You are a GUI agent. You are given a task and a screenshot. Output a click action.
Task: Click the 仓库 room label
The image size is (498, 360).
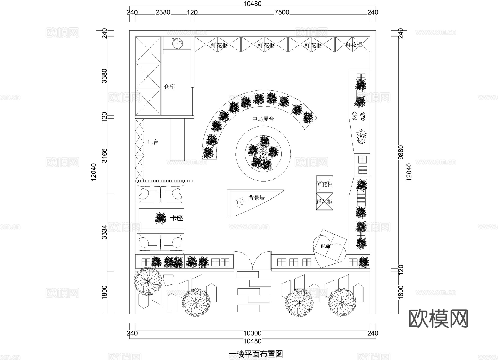tap(169, 87)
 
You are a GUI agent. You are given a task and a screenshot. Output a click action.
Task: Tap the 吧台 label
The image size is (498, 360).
tap(153, 142)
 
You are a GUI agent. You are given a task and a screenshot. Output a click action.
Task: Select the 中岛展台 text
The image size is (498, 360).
tap(263, 119)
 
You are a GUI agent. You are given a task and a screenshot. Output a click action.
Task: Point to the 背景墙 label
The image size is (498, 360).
tap(256, 198)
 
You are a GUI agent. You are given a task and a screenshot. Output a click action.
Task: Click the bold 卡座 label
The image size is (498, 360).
tap(177, 218)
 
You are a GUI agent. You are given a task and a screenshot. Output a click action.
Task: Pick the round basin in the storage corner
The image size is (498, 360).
tap(177, 43)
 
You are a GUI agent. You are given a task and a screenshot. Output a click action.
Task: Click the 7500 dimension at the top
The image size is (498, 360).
tap(282, 12)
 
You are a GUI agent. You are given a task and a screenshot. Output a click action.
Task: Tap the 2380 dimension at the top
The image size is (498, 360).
tap(163, 12)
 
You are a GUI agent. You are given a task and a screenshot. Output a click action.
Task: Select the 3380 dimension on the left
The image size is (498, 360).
tap(104, 76)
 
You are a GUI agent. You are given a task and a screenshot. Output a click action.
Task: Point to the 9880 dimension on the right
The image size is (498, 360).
tap(401, 152)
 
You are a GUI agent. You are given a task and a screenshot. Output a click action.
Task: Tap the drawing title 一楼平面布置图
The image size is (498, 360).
tap(256, 354)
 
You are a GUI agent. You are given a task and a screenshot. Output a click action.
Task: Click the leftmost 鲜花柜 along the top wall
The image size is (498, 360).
tap(217, 45)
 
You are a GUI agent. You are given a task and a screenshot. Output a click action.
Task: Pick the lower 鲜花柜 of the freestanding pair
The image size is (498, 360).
tap(324, 202)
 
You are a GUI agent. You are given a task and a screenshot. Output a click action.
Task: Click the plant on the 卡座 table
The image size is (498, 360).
tap(160, 218)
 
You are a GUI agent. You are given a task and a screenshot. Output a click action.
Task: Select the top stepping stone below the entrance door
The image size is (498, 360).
tap(247, 275)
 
